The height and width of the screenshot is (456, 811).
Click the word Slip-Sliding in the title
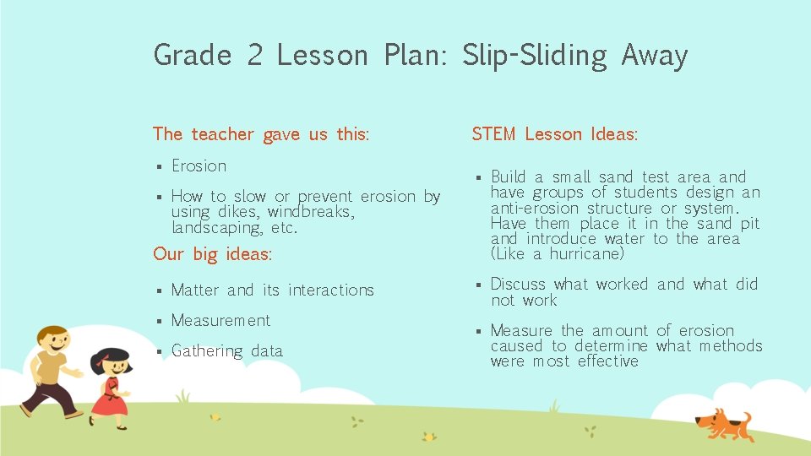[534, 56]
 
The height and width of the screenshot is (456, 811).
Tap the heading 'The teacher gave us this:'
[261, 134]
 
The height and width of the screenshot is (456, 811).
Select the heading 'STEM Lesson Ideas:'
[554, 134]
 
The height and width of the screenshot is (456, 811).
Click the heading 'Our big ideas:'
[212, 254]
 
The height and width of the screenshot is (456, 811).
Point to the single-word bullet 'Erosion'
[199, 166]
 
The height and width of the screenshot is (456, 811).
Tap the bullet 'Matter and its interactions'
[272, 290]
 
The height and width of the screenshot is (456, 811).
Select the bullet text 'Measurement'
[220, 321]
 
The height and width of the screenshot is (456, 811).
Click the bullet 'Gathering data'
[226, 351]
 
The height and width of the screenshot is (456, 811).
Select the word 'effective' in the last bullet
[607, 361]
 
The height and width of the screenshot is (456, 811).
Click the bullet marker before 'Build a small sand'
[477, 178]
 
